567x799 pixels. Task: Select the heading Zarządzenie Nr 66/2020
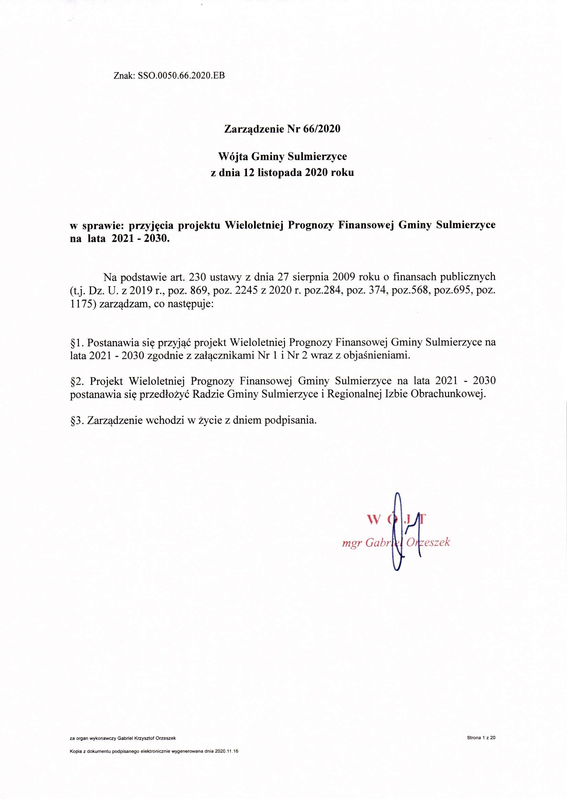(282, 129)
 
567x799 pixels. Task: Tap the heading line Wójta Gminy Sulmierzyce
(282, 157)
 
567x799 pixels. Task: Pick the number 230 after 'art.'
(198, 277)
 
